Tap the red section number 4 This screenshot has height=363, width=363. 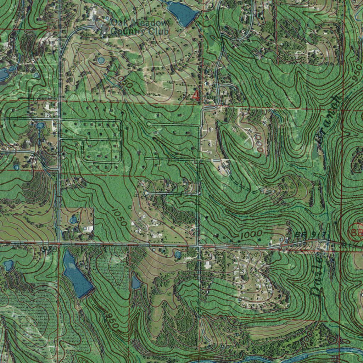(x=196, y=95)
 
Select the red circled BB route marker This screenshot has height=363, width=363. (x=357, y=232)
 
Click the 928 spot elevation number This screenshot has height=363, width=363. (x=50, y=249)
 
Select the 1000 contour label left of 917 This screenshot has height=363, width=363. (x=251, y=234)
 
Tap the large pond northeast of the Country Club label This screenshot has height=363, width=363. (x=182, y=13)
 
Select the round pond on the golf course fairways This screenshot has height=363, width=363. (x=101, y=61)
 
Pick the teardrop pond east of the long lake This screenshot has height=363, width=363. (x=136, y=283)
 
